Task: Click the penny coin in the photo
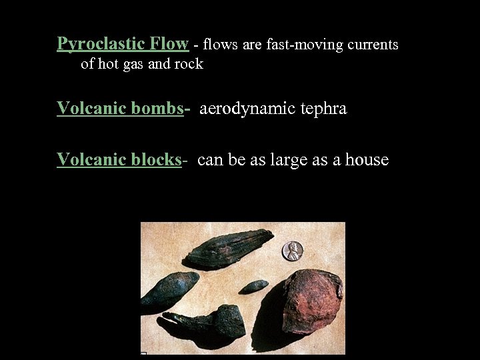click(292, 251)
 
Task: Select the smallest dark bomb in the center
click(254, 287)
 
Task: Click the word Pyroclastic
click(97, 45)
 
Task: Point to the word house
click(367, 161)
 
